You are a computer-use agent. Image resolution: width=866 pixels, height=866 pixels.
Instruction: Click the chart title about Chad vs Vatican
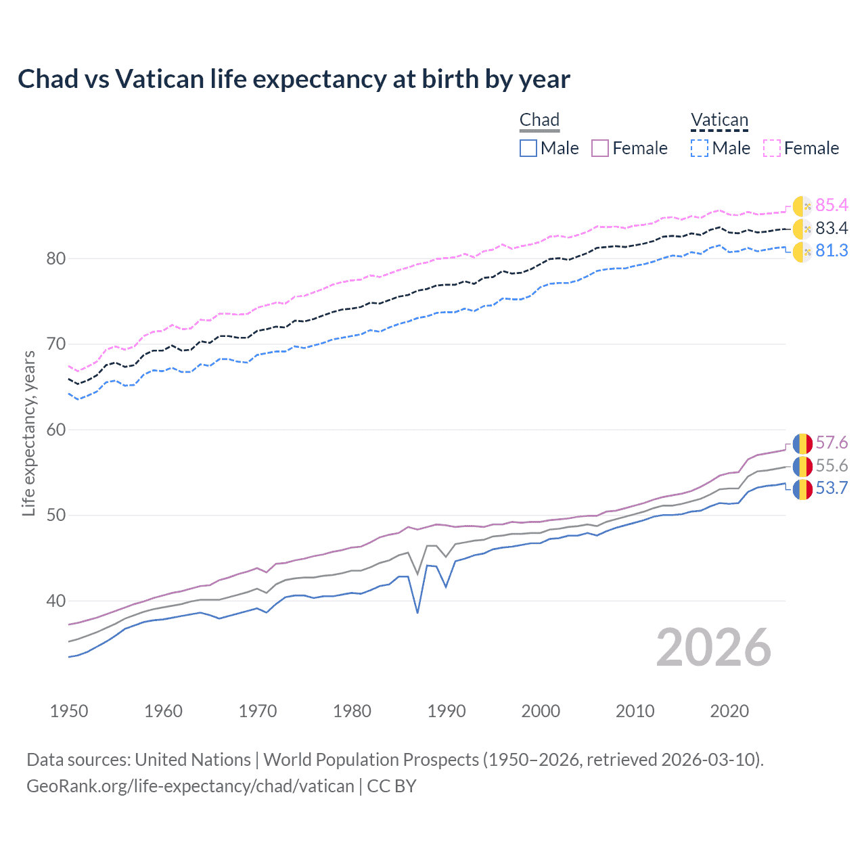294,79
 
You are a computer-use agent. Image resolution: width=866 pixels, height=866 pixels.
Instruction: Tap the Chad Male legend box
528,148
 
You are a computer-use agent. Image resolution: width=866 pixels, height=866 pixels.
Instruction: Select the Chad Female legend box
600,148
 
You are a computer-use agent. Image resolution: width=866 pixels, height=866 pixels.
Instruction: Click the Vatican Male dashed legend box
700,148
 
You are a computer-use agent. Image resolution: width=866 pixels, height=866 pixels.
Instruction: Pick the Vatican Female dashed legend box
772,148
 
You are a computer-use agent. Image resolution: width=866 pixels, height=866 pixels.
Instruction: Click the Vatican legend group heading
719,120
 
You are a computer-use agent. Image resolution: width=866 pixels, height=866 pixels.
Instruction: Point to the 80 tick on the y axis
57,258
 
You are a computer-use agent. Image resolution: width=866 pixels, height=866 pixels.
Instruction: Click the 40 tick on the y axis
57,601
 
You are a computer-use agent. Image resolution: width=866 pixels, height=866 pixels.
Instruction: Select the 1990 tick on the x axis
447,711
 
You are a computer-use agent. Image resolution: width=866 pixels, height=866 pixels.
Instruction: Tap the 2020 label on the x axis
729,711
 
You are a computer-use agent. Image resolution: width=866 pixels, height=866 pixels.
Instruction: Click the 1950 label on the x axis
69,711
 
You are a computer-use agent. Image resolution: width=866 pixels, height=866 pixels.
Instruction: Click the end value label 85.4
831,205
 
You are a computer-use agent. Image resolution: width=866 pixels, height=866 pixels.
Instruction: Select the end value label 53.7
831,488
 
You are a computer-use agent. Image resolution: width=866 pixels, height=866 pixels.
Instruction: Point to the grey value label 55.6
831,465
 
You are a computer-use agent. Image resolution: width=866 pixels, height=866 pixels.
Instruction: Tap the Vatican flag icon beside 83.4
802,229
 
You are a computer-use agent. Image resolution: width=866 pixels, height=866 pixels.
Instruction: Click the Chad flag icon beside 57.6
802,444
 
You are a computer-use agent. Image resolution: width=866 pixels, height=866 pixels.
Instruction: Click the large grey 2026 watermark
714,647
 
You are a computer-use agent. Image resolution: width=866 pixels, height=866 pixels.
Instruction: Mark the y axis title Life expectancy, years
29,434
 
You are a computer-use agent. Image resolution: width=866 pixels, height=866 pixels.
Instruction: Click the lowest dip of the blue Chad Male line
417,612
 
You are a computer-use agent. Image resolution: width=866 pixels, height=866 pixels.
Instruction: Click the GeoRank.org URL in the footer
190,786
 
